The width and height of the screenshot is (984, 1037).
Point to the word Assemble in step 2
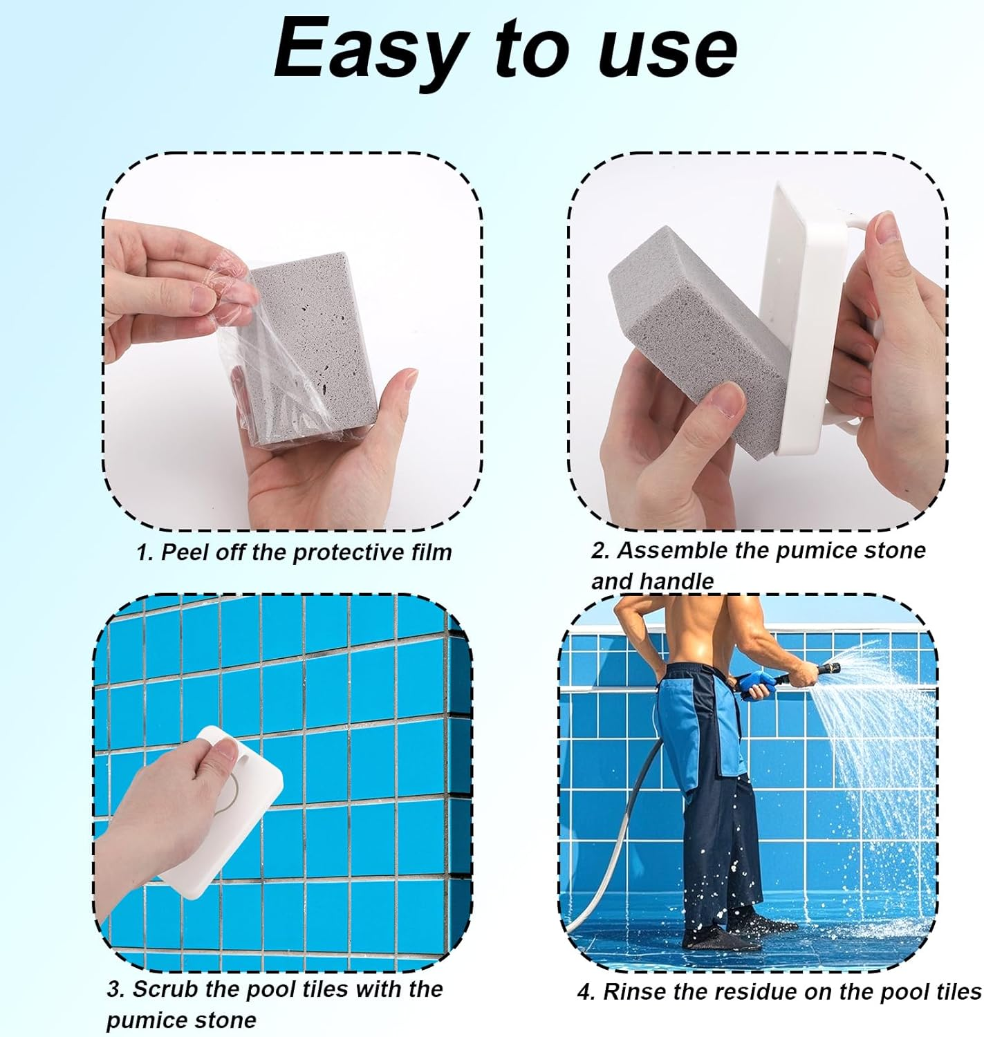click(x=694, y=550)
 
